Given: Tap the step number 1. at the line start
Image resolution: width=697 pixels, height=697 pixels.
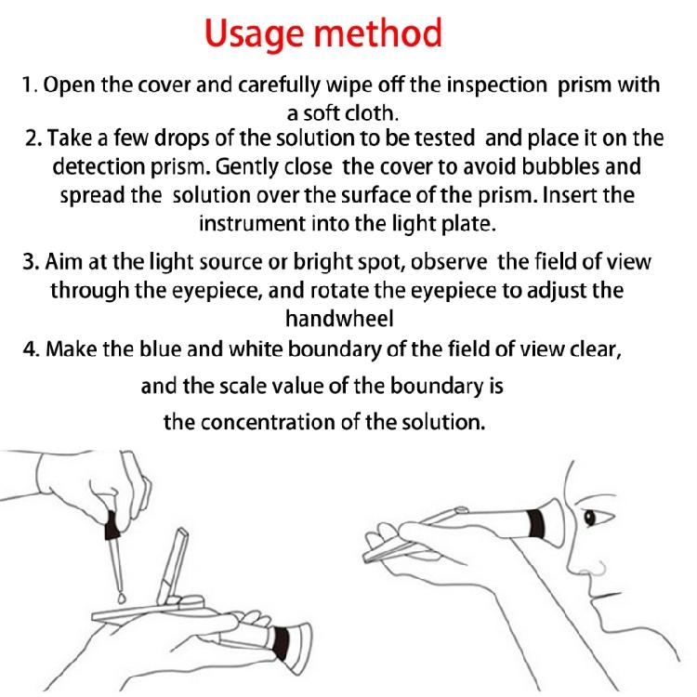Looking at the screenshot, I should click(30, 85).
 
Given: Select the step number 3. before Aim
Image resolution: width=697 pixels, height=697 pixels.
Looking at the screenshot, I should click(30, 262).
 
